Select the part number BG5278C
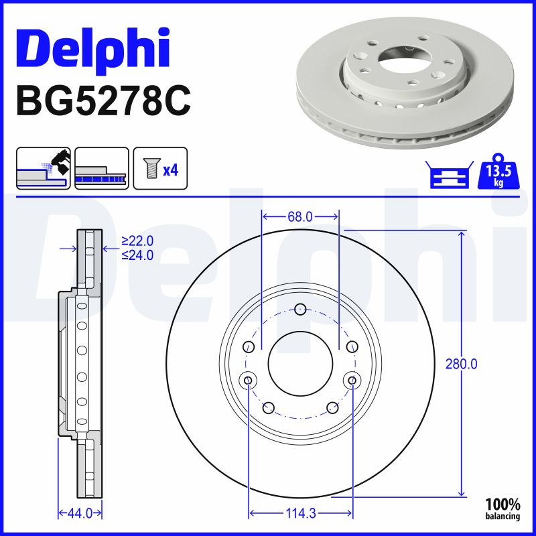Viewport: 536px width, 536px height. point(103,100)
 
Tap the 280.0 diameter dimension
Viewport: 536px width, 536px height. point(461,364)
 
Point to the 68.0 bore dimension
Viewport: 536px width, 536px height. point(299,216)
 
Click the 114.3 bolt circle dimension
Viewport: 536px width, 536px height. point(300,514)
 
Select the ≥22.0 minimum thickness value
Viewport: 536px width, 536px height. point(137,241)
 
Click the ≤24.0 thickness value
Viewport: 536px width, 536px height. point(137,255)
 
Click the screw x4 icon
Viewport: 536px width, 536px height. point(160,168)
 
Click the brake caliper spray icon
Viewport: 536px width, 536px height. point(43,168)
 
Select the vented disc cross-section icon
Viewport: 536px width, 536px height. point(101,168)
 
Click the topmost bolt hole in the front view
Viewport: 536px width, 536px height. point(300,309)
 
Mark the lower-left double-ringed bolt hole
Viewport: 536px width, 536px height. point(249,381)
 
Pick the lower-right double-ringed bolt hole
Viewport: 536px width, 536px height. point(351,381)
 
